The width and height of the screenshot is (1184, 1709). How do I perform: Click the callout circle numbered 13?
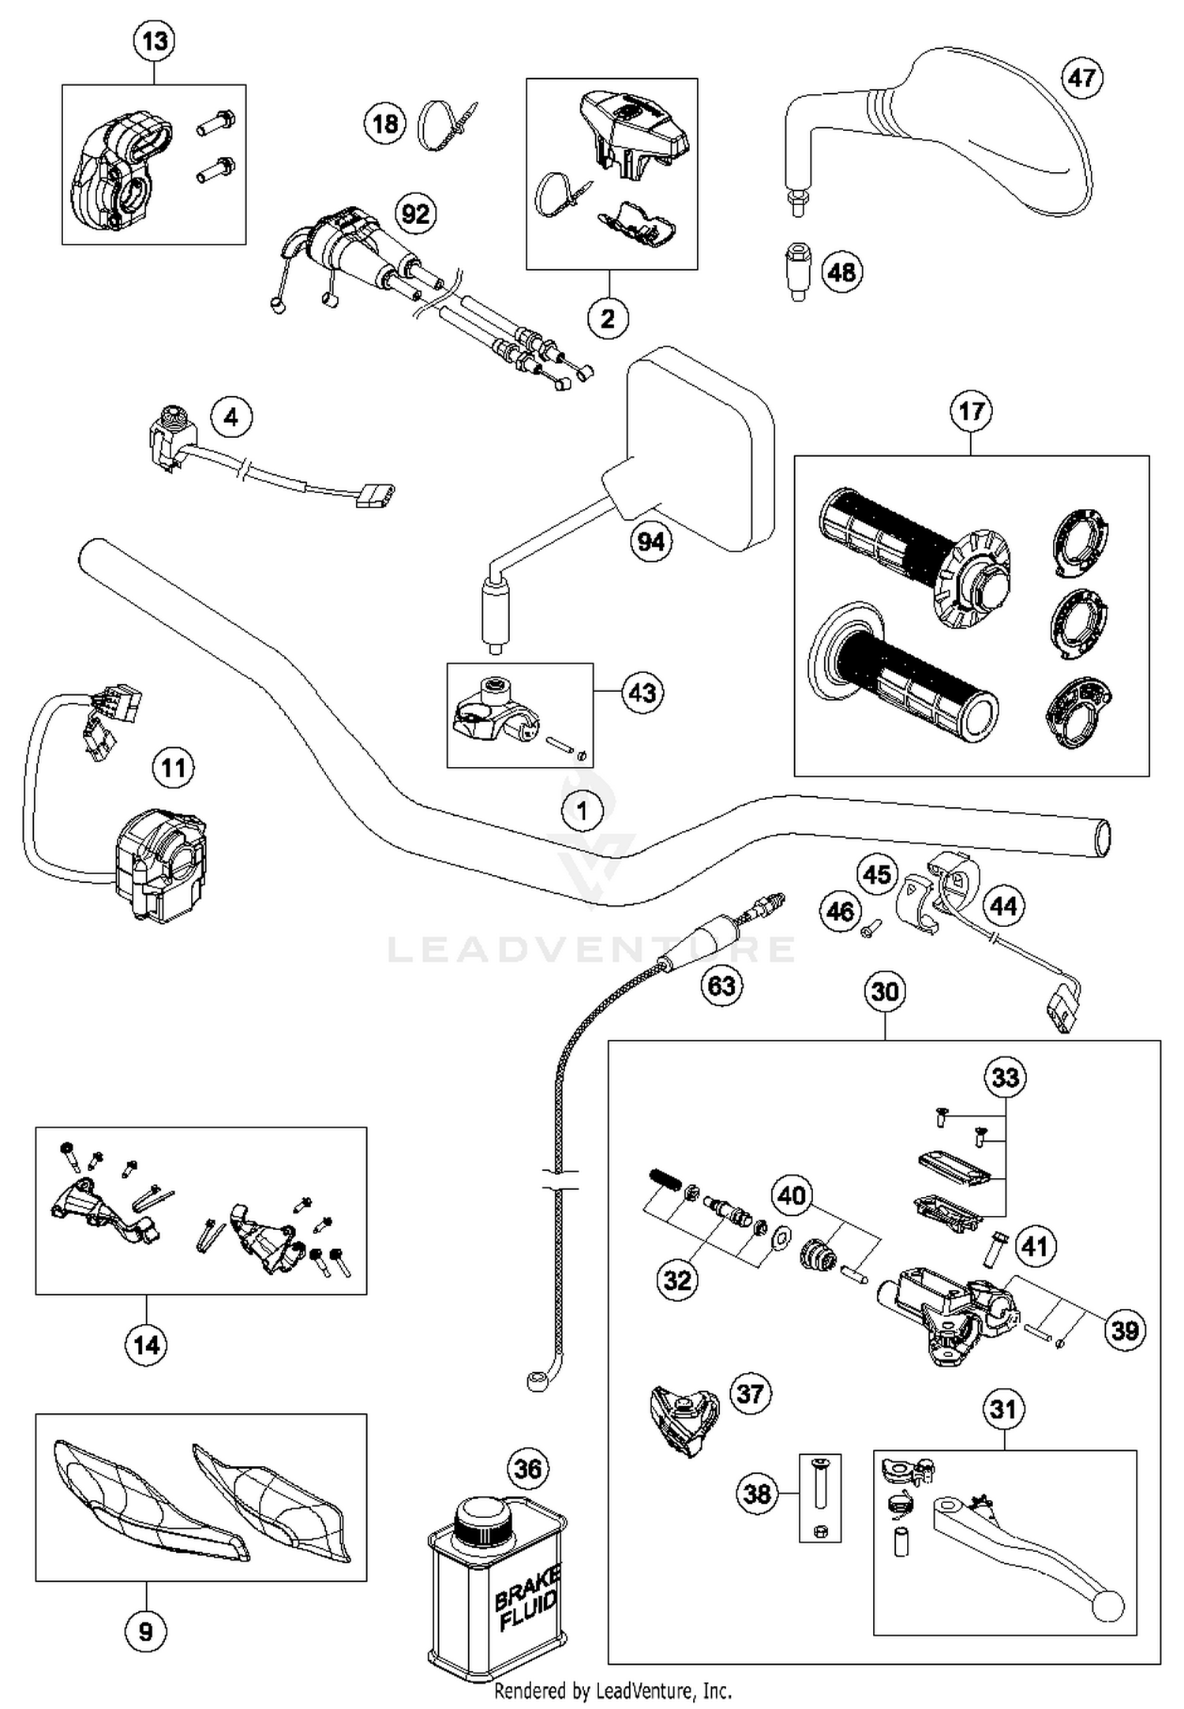click(154, 40)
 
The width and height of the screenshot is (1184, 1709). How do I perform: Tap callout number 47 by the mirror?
click(1081, 77)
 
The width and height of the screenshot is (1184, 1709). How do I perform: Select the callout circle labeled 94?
click(651, 542)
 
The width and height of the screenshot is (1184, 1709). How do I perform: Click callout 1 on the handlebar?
click(582, 810)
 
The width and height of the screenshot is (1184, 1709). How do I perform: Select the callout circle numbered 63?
click(721, 985)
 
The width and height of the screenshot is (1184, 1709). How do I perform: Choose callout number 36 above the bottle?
click(528, 1468)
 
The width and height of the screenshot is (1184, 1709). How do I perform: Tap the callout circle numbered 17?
click(971, 411)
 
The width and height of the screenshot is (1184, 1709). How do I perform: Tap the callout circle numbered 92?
click(415, 214)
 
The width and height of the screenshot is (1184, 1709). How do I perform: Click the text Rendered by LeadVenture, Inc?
click(613, 1691)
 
